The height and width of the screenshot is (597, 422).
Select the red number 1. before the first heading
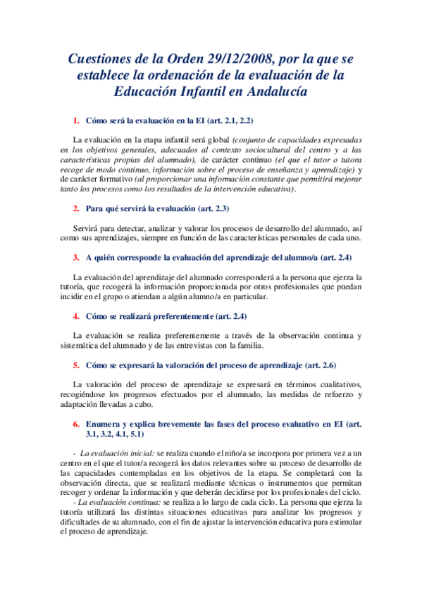coord(77,120)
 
